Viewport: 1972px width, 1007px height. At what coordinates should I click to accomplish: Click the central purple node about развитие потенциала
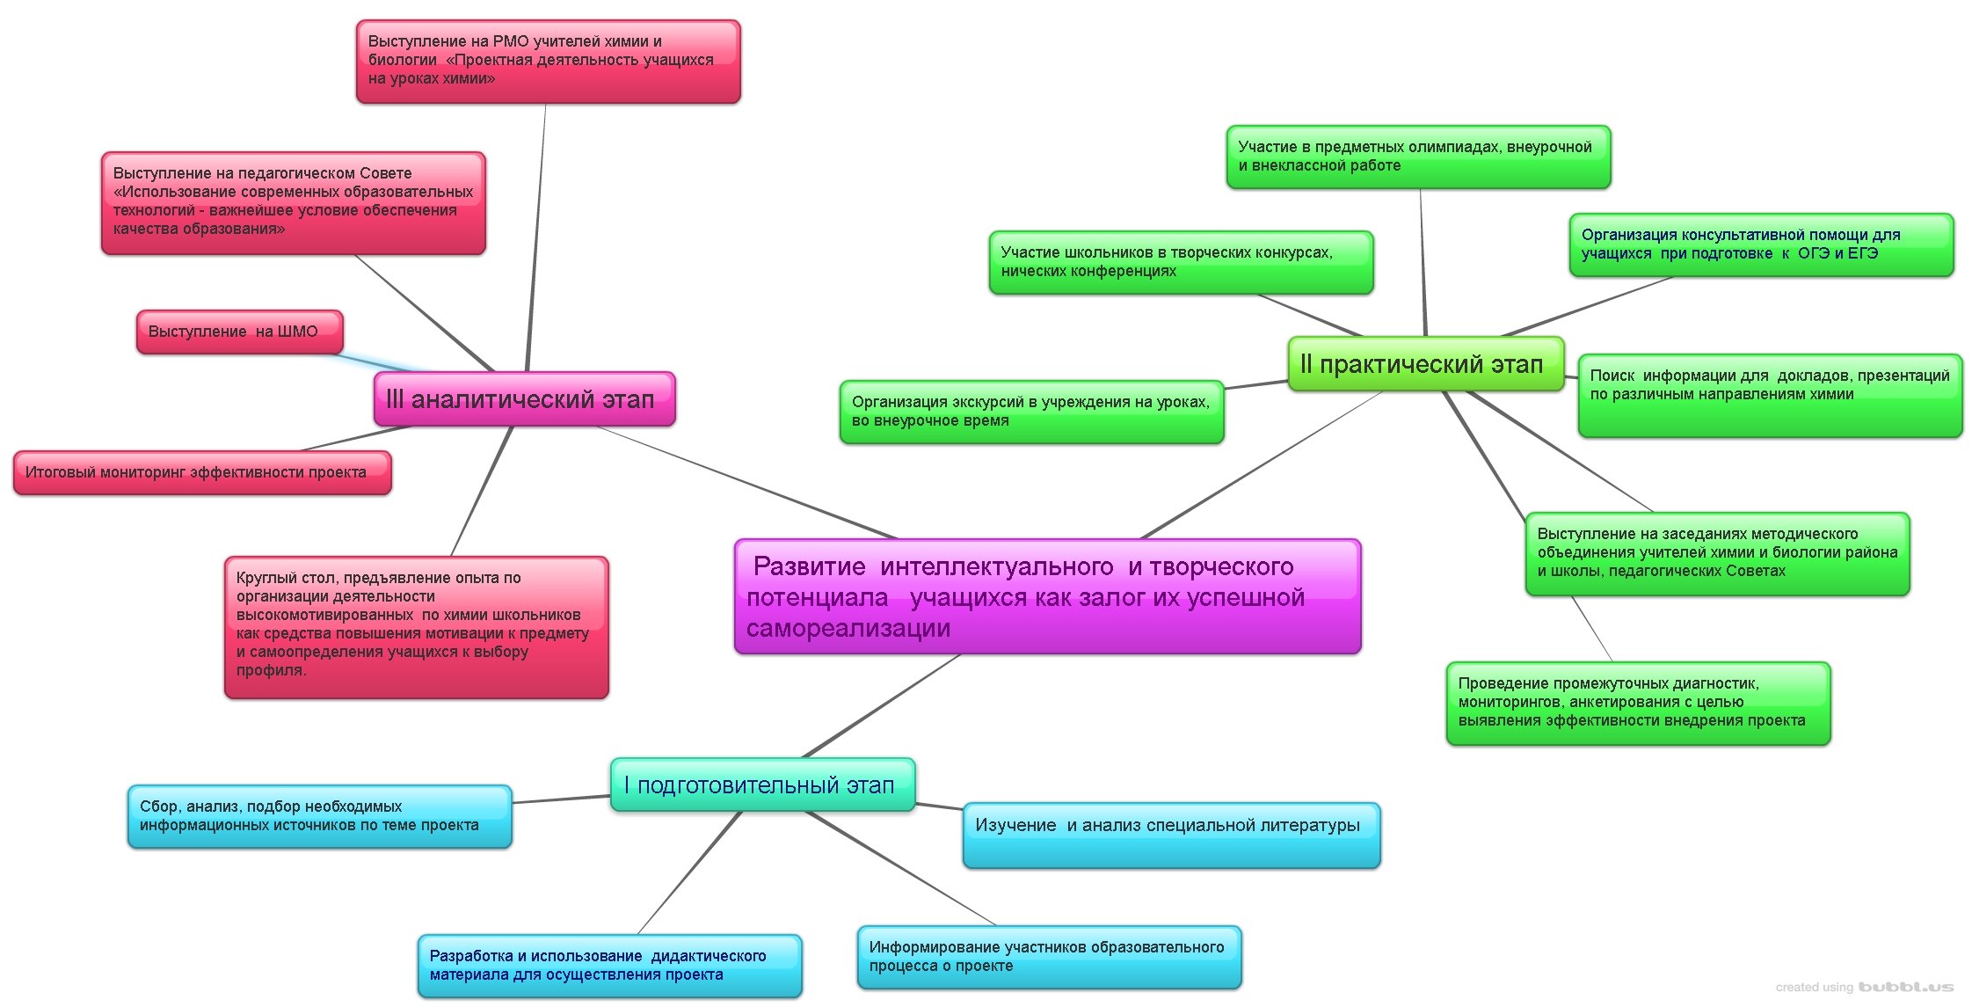click(1047, 597)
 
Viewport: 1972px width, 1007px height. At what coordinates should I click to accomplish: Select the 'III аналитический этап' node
click(524, 399)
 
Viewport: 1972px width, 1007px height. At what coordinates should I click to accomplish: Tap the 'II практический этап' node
click(1425, 364)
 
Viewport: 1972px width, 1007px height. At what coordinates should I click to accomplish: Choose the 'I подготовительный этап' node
click(762, 785)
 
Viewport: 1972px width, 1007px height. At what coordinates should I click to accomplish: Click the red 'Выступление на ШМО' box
click(239, 332)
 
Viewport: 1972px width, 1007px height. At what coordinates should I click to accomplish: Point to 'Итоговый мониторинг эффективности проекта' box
click(202, 472)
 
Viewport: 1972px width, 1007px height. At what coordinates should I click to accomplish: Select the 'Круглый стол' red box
click(416, 627)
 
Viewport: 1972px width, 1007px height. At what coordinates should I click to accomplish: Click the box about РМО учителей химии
click(548, 62)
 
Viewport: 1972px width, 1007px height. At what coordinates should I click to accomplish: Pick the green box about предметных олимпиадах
click(1418, 157)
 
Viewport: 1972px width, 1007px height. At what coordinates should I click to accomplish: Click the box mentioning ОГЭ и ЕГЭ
click(1761, 244)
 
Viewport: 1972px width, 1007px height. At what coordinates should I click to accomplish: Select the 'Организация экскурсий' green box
click(1031, 412)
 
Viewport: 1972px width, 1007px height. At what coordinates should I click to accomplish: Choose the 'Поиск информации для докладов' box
click(1770, 395)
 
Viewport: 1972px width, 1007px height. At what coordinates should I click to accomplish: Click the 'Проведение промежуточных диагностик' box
click(1638, 703)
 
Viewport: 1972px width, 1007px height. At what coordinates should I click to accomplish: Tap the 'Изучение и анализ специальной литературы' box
click(1171, 835)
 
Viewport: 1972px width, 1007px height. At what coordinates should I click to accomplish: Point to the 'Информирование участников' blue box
click(1049, 957)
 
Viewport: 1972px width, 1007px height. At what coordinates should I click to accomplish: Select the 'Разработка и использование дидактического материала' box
click(609, 966)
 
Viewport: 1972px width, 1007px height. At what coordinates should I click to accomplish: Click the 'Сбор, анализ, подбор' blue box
click(319, 816)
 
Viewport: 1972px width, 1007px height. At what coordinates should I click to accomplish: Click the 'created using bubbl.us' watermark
click(1864, 988)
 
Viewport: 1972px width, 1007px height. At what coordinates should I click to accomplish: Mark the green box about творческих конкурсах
click(1181, 262)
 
